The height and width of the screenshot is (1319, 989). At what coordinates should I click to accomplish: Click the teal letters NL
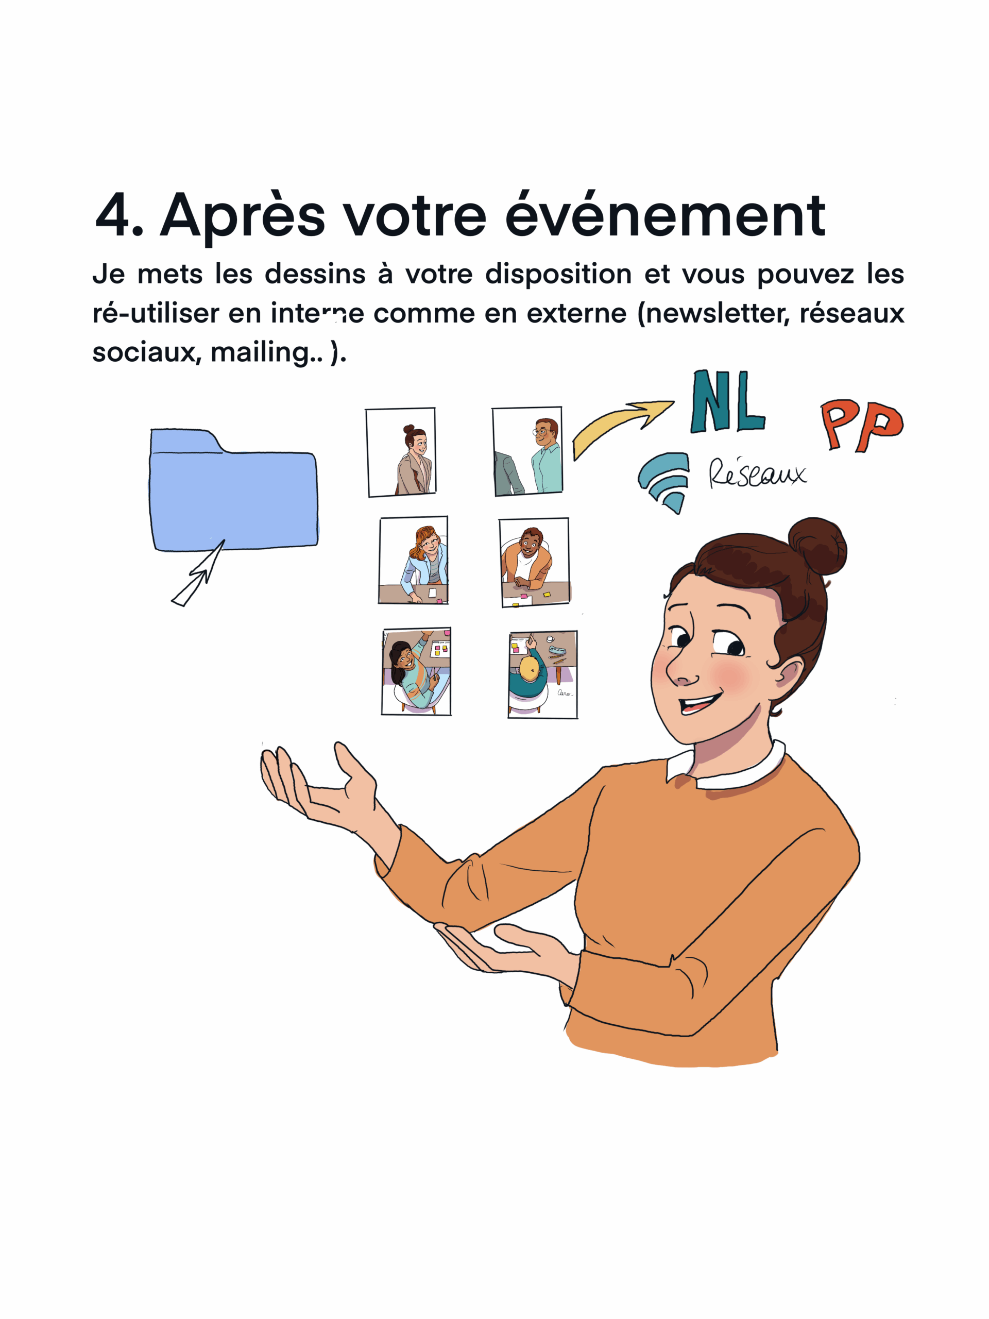[x=727, y=402]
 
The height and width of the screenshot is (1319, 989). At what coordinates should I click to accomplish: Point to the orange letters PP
[x=861, y=424]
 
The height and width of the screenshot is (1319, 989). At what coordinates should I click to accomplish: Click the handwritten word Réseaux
[x=757, y=474]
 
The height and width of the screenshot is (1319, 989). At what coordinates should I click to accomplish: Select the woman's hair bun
[x=818, y=546]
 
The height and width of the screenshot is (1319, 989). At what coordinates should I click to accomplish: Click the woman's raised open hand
[x=316, y=787]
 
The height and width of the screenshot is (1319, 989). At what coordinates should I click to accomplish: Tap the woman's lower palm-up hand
[x=507, y=948]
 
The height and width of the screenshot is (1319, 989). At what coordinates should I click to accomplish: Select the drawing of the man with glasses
[x=527, y=451]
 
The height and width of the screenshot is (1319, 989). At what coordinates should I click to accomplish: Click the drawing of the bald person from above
[x=542, y=674]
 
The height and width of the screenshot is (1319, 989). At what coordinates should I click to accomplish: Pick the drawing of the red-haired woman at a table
[x=413, y=561]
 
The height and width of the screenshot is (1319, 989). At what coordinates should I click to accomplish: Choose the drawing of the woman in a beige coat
[x=401, y=452]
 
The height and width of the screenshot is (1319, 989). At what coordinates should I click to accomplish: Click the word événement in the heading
[x=664, y=216]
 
